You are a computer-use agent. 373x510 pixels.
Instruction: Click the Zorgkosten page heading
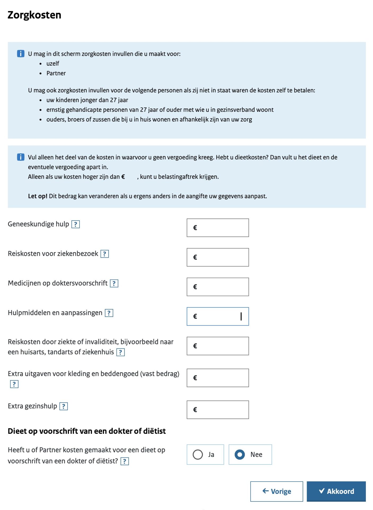tap(34, 15)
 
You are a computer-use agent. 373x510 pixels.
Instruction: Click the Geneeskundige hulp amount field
tap(218, 228)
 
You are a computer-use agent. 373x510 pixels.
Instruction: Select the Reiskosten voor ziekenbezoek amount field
tap(218, 257)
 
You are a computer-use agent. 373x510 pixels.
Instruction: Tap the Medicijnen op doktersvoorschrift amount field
tap(218, 287)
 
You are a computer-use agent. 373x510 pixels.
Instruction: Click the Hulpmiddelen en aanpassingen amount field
tap(218, 316)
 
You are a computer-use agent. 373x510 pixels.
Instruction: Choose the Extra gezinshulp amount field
tap(218, 410)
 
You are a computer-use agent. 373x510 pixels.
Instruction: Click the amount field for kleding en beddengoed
tap(218, 378)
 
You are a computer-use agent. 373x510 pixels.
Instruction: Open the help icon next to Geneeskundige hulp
tap(76, 224)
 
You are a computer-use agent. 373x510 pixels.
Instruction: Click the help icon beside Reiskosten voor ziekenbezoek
tap(105, 254)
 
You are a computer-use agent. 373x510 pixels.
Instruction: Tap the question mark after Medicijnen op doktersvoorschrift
tap(114, 283)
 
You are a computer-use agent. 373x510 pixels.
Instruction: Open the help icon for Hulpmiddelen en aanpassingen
tap(109, 313)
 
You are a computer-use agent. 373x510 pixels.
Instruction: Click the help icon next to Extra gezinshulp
tap(64, 406)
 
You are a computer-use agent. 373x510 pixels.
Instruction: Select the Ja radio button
tap(198, 454)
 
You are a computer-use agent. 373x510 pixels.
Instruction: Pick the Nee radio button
tap(240, 454)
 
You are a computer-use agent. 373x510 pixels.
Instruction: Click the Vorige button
tap(277, 491)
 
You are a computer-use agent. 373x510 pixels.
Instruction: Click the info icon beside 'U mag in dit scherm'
tap(21, 54)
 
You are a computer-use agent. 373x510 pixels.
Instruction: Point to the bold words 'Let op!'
tap(38, 196)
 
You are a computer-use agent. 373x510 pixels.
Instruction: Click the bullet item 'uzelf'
tap(53, 64)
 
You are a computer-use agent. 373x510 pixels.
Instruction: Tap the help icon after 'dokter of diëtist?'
tap(125, 461)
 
